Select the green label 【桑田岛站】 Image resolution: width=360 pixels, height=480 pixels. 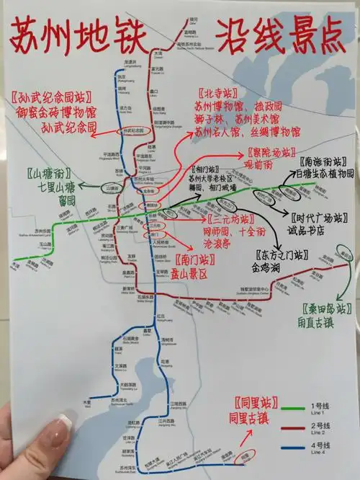(324, 308)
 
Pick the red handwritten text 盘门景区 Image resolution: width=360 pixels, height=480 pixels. (202, 274)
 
